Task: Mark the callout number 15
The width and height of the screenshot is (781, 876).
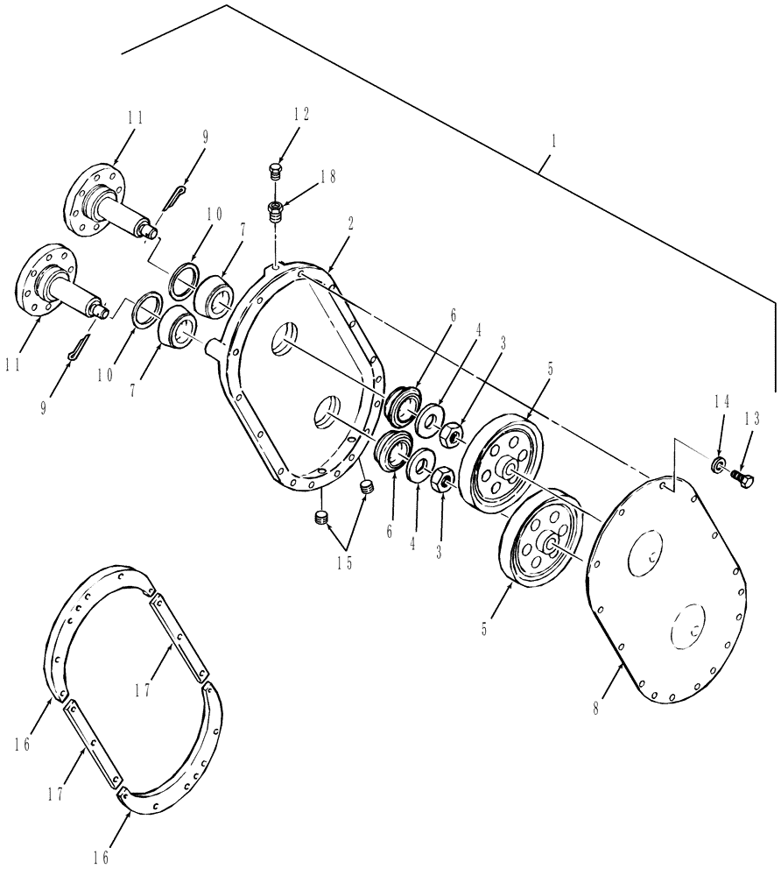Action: (x=346, y=563)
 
